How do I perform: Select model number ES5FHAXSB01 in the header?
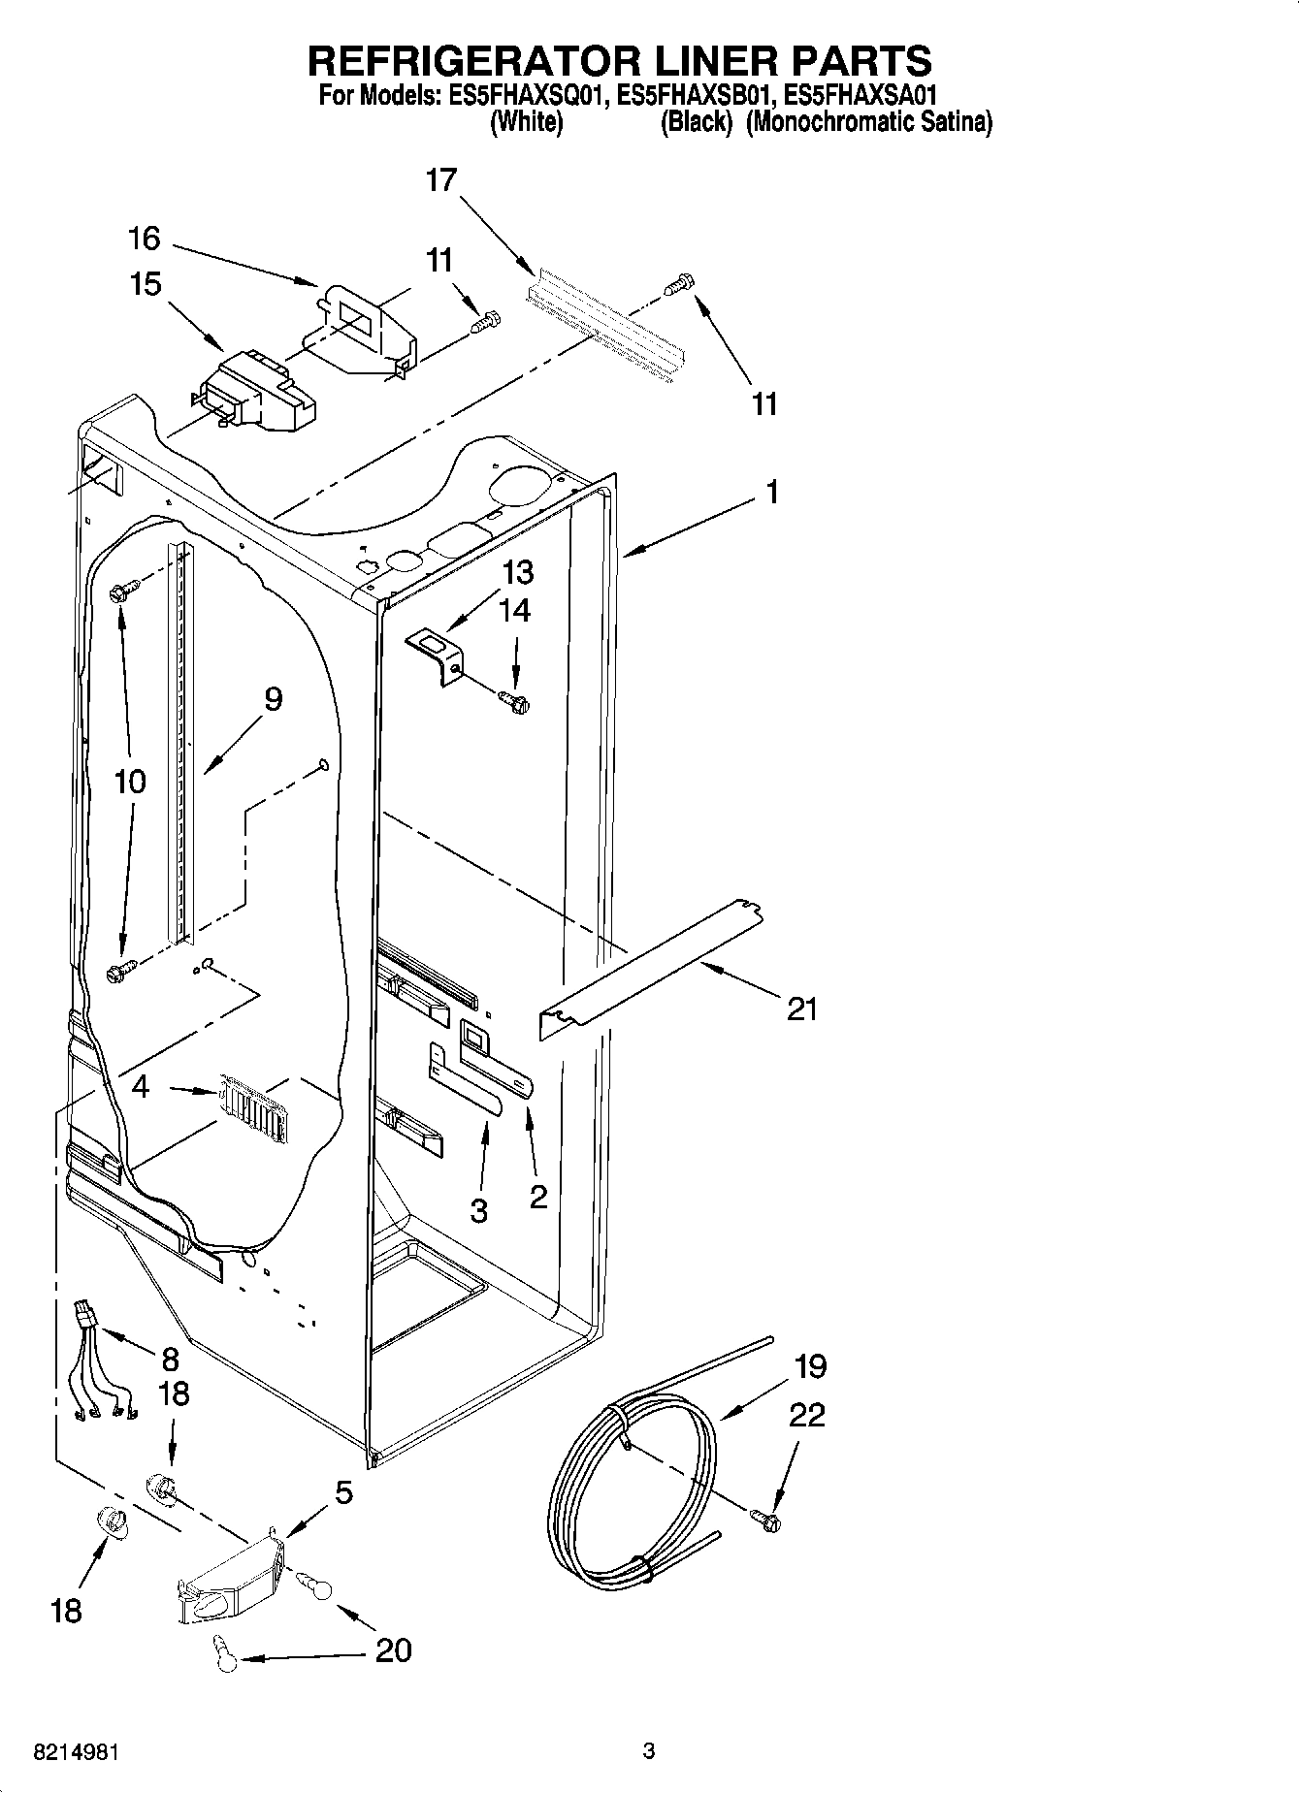698,96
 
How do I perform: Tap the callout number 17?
440,180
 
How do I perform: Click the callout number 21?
802,1010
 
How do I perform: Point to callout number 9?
274,698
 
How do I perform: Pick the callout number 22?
806,1415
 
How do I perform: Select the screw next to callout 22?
765,1521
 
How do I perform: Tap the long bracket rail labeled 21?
650,970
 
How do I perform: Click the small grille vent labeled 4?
252,1105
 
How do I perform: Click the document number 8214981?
77,1753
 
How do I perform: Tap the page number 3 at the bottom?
649,1751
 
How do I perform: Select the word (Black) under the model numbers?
695,123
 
